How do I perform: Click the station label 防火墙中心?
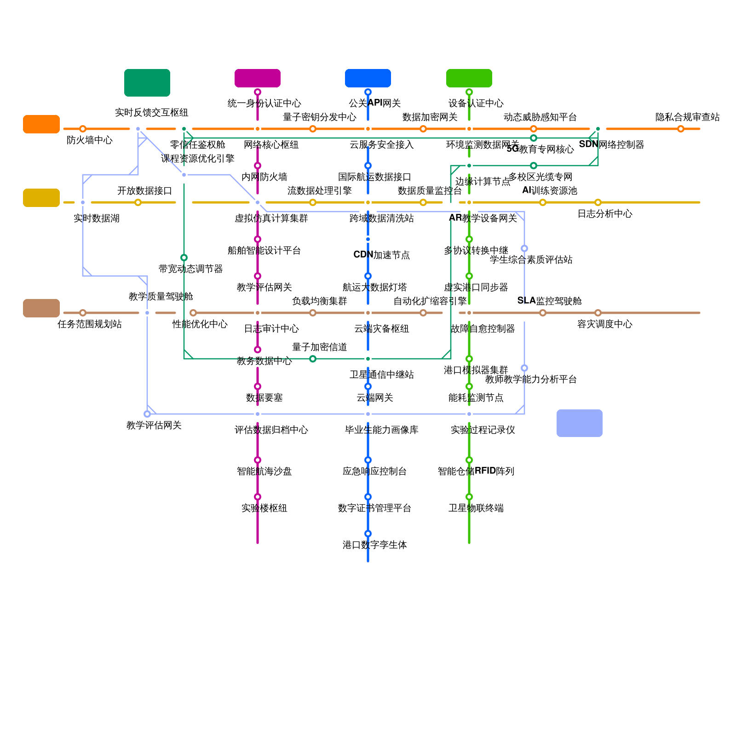coord(89,140)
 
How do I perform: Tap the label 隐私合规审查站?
coord(687,117)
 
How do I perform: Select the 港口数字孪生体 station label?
coord(374,545)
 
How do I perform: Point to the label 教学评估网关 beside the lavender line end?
coord(154,425)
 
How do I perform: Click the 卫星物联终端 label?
coord(476,508)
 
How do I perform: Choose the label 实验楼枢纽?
coord(264,508)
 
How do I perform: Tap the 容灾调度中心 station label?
coord(604,324)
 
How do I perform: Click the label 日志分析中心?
coord(604,214)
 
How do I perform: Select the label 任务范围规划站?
coord(89,324)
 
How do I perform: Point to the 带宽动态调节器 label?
coord(190,269)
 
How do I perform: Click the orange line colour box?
coord(41,124)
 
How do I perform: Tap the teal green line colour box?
coord(147,83)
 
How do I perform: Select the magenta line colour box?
coord(258,78)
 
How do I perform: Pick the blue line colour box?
coord(368,78)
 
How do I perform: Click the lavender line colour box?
coord(580,423)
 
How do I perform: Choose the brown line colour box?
coord(41,308)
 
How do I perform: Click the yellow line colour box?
coord(41,198)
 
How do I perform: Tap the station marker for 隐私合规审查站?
coord(681,129)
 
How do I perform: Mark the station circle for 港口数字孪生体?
coord(368,534)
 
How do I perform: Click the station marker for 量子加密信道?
coord(313,359)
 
